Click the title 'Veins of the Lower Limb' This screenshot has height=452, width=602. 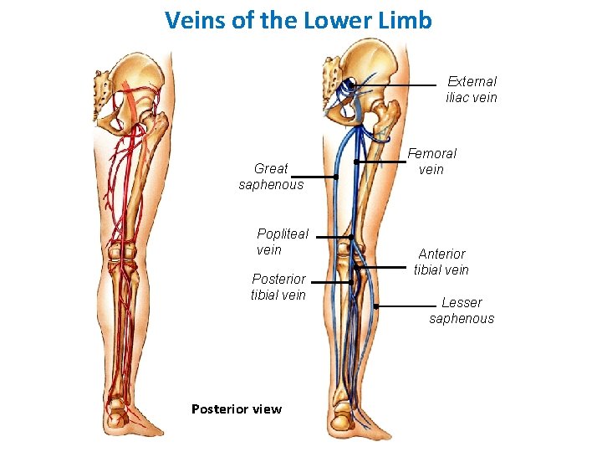(x=298, y=20)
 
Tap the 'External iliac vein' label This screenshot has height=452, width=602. (x=472, y=90)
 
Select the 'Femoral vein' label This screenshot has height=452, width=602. (x=431, y=162)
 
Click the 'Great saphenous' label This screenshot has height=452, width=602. (x=271, y=177)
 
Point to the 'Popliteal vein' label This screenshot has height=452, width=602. (x=282, y=242)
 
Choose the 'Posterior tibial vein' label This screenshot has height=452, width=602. (x=278, y=286)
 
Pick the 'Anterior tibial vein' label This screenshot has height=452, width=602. (x=441, y=261)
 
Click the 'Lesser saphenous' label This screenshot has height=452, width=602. (x=462, y=311)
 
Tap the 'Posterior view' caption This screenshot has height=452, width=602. (x=237, y=409)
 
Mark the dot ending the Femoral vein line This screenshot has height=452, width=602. (x=356, y=162)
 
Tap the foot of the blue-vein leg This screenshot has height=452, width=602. (x=360, y=423)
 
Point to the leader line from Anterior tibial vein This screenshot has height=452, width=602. (x=385, y=268)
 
